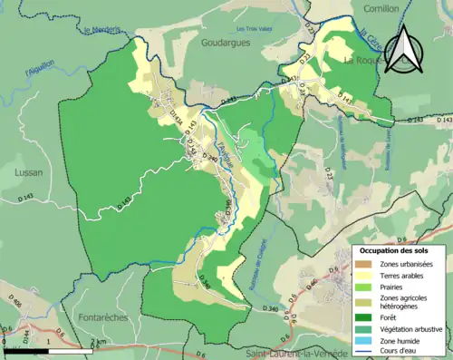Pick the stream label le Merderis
coord(101,30)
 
